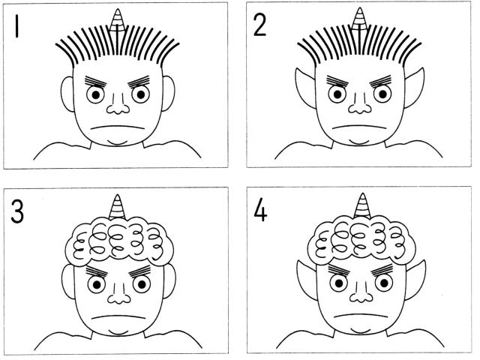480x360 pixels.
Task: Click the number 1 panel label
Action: [x=16, y=26]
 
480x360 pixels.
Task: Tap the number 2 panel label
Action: [x=260, y=25]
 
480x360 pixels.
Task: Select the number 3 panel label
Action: [x=17, y=211]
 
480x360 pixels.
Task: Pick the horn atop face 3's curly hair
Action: [x=117, y=207]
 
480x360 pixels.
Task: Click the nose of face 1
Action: [x=118, y=105]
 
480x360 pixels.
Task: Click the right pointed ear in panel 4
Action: [x=415, y=279]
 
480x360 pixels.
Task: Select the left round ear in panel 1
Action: [x=67, y=94]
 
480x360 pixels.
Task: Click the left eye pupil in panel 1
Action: [x=96, y=95]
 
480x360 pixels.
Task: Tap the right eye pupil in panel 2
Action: [x=382, y=94]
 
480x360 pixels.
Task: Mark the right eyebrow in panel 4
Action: [x=382, y=268]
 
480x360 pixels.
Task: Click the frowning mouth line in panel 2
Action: [x=358, y=126]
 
